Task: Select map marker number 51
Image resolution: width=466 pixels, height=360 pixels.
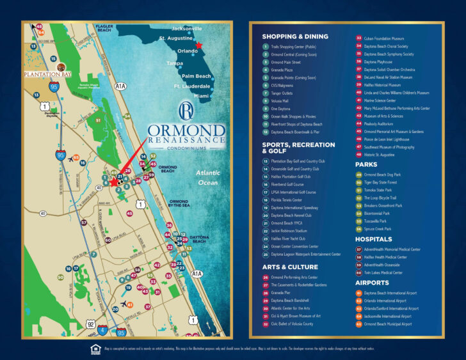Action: pos(98,120)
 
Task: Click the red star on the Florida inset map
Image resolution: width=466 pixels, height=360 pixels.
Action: pos(199,45)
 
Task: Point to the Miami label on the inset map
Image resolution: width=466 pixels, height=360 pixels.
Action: pos(202,95)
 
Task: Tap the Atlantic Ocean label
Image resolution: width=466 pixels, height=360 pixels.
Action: pos(208,178)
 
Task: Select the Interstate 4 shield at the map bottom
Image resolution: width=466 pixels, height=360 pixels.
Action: pos(102,331)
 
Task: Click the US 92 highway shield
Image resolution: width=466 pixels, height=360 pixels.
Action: pos(92,324)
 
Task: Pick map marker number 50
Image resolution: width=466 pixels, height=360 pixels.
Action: pos(60,278)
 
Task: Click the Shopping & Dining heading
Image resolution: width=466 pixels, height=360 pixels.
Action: pos(295,37)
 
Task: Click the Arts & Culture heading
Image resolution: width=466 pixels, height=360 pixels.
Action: pos(290,267)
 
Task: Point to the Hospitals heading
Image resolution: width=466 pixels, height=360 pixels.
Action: pos(374,239)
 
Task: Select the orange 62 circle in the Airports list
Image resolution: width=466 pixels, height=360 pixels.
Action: pos(358,301)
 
